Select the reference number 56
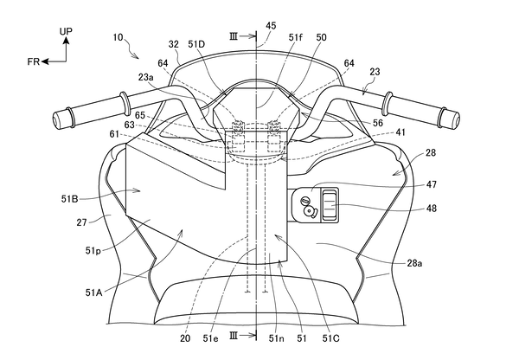(x=378, y=123)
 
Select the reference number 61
(x=115, y=135)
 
